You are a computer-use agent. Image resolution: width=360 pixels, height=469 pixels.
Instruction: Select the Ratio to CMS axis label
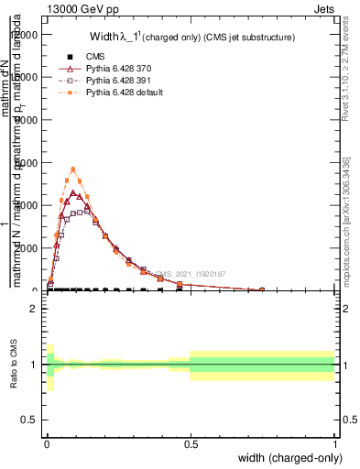click(14, 365)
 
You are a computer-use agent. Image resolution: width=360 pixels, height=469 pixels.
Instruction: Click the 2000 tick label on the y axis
click(28, 248)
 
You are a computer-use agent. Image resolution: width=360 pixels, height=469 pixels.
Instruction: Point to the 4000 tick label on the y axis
click(28, 163)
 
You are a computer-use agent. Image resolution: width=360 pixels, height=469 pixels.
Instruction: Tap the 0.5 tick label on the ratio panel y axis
click(28, 421)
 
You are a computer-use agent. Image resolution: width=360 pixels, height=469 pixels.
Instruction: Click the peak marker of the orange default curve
click(72, 169)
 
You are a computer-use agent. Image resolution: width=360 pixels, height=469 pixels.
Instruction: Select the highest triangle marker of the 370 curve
click(72, 192)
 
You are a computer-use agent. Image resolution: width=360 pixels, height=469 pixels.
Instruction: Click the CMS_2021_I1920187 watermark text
click(188, 274)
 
